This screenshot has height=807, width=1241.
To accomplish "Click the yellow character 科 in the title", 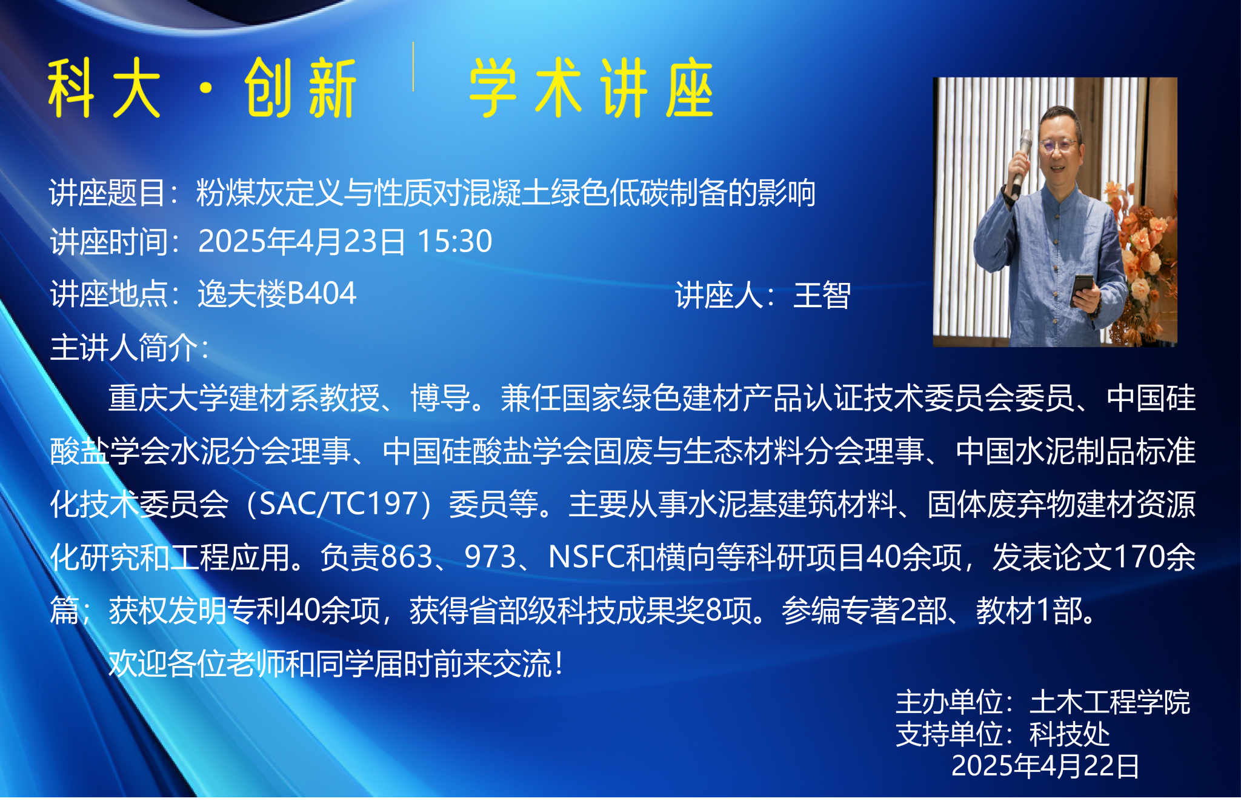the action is (72, 88).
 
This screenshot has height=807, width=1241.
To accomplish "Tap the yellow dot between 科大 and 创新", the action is (206, 89).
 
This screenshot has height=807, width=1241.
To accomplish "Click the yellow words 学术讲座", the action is (591, 88).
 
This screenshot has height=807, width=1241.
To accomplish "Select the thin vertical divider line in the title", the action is (413, 67).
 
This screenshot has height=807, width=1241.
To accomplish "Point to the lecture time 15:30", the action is (454, 241).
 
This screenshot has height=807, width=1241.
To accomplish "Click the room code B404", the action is (321, 294).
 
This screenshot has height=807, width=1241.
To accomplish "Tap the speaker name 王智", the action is (822, 296).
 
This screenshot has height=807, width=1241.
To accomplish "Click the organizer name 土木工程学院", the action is (1110, 702).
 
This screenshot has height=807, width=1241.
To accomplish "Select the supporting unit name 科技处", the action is (1070, 734).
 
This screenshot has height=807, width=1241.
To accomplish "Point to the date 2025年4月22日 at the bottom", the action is (1045, 766).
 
